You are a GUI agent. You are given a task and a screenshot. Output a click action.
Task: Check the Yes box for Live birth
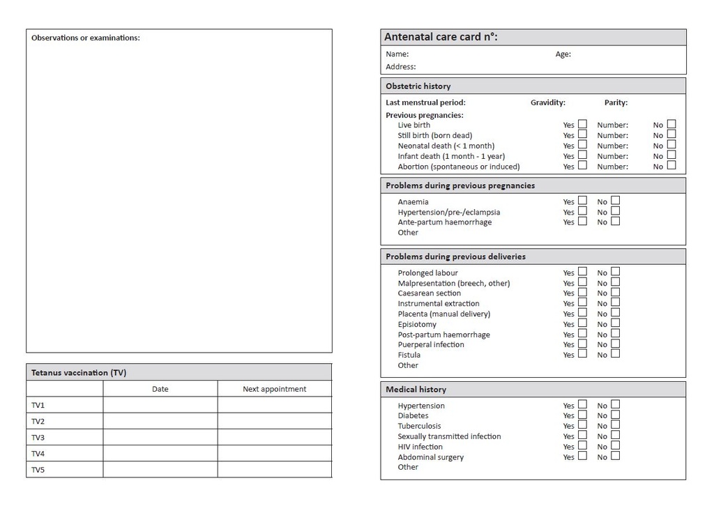[x=582, y=125]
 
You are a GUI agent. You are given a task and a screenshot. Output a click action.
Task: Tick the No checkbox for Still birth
[x=671, y=135]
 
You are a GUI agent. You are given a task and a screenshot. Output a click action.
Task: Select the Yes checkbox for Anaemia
[x=582, y=201]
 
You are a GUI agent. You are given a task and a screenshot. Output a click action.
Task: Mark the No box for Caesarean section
[x=615, y=293]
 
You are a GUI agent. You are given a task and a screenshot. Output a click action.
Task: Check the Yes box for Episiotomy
[x=582, y=323]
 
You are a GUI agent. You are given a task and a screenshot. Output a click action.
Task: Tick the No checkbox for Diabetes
[x=615, y=415]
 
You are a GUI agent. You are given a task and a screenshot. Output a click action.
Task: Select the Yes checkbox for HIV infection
[x=582, y=446]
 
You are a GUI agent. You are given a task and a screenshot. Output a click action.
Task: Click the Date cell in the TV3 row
[x=160, y=437]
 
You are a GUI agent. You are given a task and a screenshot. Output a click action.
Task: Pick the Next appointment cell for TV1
[x=274, y=405]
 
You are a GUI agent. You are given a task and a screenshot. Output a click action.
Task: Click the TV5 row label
[x=38, y=470]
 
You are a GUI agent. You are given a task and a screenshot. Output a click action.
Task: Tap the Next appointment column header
[x=274, y=389]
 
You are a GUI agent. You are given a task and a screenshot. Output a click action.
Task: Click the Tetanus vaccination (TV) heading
[x=79, y=373]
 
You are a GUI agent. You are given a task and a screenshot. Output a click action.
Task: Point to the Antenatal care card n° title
[x=441, y=37]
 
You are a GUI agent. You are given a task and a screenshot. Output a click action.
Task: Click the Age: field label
[x=563, y=54]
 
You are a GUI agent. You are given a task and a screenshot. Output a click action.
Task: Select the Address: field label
[x=400, y=67]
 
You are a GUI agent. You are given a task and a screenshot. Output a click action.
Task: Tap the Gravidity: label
[x=547, y=102]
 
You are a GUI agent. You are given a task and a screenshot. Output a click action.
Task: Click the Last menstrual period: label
[x=425, y=102]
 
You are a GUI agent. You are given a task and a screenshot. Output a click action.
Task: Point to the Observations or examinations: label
[x=85, y=38]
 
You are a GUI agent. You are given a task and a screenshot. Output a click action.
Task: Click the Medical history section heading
[x=416, y=390]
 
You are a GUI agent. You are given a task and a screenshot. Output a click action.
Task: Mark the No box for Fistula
[x=615, y=354]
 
